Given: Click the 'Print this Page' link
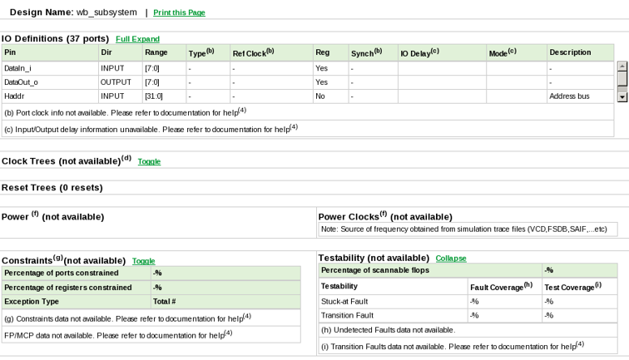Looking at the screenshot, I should click(x=179, y=13).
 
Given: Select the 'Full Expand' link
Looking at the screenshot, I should click(x=137, y=39).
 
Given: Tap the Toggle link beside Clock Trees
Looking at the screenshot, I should click(x=149, y=161).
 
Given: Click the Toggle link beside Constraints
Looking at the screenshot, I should click(x=143, y=261).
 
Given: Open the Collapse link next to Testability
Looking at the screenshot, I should click(x=451, y=259).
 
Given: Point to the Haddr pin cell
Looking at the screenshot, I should click(x=14, y=96).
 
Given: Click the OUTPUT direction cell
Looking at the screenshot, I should click(x=116, y=82).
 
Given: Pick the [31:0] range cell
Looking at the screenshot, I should click(x=155, y=96).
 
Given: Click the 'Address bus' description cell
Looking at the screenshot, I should click(x=569, y=96).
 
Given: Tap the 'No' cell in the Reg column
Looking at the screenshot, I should click(x=320, y=96).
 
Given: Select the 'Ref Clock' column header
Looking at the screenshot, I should click(x=253, y=52).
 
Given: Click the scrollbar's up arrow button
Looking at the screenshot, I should click(x=622, y=66).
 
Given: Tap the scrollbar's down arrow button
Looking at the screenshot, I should click(x=622, y=97).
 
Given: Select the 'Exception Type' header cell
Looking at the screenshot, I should click(x=32, y=302).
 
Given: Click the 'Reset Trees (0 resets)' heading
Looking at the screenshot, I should click(x=52, y=188).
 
